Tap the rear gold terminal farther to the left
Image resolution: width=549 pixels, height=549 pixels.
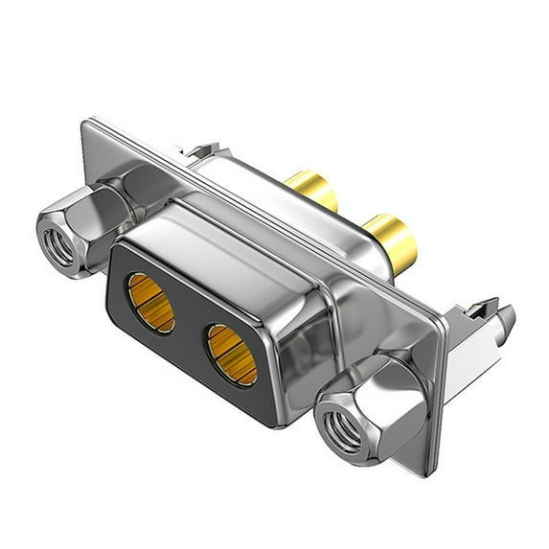(x=311, y=190)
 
